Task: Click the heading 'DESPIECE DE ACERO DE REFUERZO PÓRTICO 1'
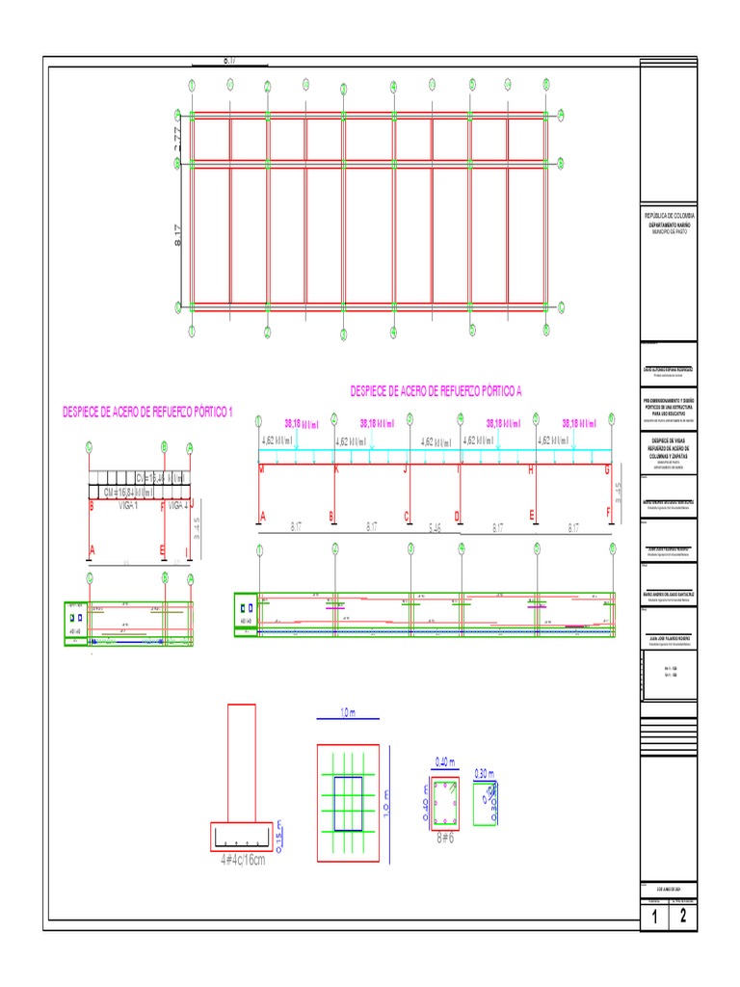(147, 412)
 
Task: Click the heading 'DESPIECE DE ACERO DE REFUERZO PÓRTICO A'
(436, 391)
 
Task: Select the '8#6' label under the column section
(445, 838)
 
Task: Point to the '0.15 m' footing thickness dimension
(279, 835)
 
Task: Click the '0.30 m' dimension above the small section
(485, 774)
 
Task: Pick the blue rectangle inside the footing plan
(349, 802)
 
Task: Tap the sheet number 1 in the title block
(655, 917)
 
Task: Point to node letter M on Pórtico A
(261, 469)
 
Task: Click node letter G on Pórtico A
(607, 469)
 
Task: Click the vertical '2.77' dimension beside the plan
(177, 140)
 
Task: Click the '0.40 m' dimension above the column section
(445, 762)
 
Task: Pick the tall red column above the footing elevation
(242, 761)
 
